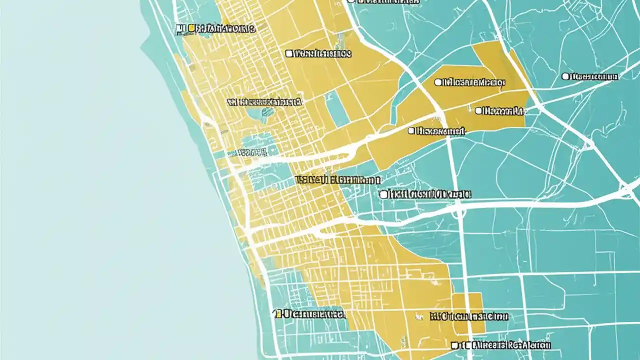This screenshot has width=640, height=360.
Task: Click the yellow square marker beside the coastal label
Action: (x=190, y=28)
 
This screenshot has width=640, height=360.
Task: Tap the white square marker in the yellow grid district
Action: (x=289, y=53)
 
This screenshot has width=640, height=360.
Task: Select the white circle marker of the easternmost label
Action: (x=565, y=76)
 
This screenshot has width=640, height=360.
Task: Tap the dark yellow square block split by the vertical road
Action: (x=468, y=313)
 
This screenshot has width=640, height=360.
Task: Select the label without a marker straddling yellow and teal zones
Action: (x=338, y=179)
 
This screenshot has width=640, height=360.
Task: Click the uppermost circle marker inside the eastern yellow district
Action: (x=438, y=82)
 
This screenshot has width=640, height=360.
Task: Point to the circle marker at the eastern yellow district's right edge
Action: (x=478, y=110)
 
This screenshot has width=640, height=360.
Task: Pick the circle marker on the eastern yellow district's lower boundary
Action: (x=411, y=131)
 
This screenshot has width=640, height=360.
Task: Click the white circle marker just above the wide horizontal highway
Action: (x=383, y=194)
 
